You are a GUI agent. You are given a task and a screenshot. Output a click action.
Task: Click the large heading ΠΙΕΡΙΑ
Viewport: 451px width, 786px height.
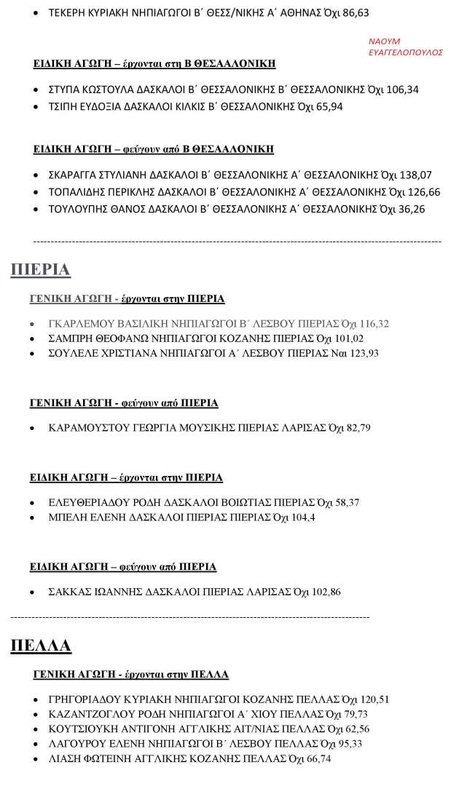pos(40,271)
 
